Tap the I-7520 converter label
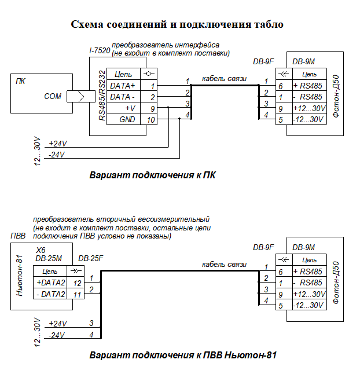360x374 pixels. (100, 51)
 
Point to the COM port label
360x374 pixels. (53, 97)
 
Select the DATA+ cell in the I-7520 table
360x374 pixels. (122, 86)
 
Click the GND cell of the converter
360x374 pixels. (126, 119)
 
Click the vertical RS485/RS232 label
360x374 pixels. (102, 96)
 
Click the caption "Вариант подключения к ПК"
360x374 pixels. (152, 175)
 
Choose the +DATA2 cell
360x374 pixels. (50, 282)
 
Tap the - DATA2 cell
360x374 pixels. (50, 294)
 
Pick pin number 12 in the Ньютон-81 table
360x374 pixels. (76, 282)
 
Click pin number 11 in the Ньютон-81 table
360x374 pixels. (76, 294)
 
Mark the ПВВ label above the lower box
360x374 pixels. (18, 236)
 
